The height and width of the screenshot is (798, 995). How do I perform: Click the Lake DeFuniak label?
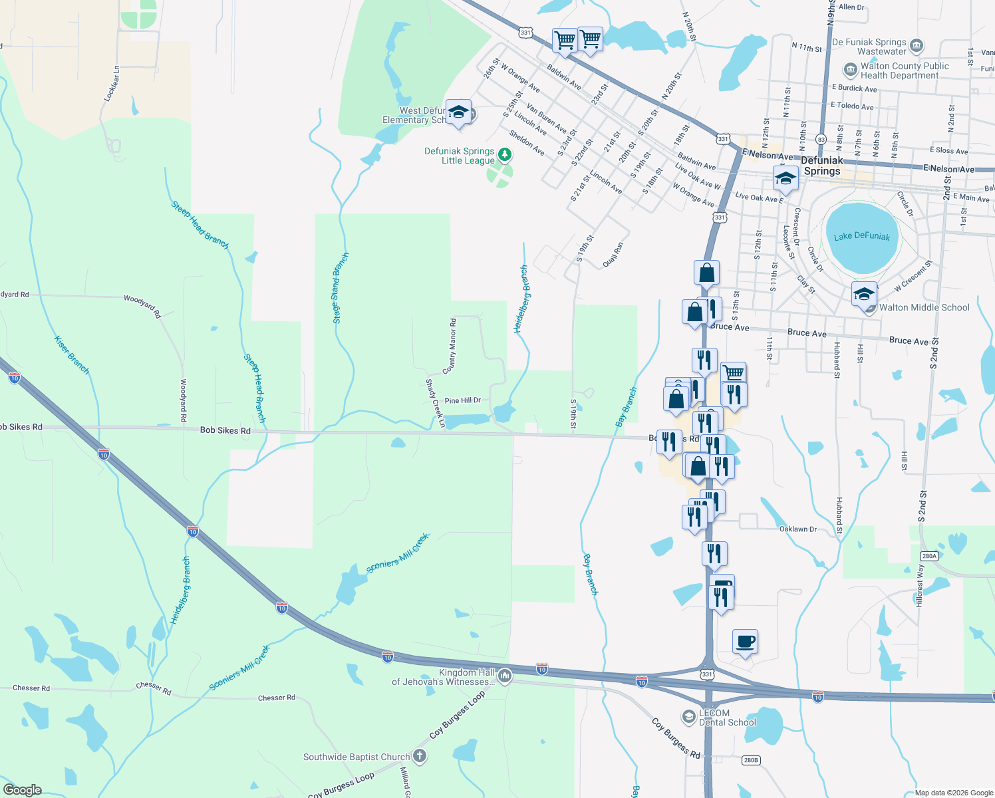[861, 237]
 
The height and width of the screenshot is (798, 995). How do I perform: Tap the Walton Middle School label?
[924, 307]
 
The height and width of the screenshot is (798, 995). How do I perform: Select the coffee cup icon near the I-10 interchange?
[745, 642]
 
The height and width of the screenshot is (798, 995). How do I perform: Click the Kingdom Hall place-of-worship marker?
[505, 676]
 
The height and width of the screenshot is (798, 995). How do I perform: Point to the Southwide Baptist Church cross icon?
[419, 755]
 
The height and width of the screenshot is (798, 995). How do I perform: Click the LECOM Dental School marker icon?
[689, 716]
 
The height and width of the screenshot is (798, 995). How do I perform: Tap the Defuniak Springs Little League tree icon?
[505, 156]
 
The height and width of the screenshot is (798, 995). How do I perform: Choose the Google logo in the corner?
[22, 790]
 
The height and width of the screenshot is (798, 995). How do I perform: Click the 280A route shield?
[928, 556]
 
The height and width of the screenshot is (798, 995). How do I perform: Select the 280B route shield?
[750, 760]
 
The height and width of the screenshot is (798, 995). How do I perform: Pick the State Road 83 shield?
[821, 140]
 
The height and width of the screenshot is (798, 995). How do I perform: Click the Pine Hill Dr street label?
[462, 400]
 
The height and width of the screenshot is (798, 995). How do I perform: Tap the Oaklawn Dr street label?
[797, 529]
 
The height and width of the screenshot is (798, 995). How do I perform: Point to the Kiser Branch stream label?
[71, 354]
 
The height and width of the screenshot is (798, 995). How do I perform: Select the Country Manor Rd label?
[450, 345]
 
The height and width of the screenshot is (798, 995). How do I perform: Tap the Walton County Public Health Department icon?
[850, 70]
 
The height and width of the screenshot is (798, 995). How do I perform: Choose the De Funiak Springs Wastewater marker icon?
[917, 46]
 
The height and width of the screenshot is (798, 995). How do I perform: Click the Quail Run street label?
[613, 255]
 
